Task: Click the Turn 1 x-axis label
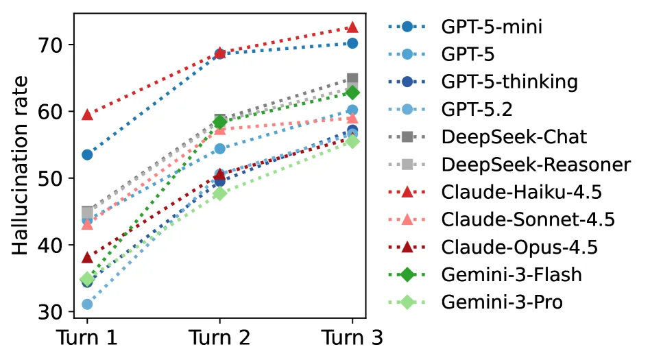[86, 338]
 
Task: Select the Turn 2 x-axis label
[219, 338]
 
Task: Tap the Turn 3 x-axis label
[352, 338]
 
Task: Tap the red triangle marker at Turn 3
[352, 27]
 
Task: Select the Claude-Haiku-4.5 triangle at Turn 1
[87, 114]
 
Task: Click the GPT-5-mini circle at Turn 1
[87, 155]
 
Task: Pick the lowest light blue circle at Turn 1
[87, 304]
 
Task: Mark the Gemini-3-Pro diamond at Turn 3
[352, 141]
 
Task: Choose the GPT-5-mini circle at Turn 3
[352, 43]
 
